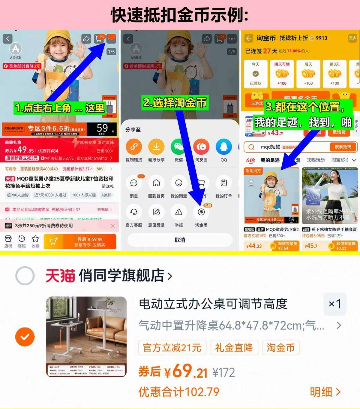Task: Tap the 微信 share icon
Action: pyautogui.click(x=179, y=147)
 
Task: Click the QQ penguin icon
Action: pyautogui.click(x=223, y=147)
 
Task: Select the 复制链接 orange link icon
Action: pyautogui.click(x=134, y=147)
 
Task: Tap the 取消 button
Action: pyautogui.click(x=180, y=240)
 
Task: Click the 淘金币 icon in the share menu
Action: pyautogui.click(x=201, y=212)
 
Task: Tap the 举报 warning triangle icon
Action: pyautogui.click(x=179, y=212)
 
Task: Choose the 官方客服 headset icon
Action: pyautogui.click(x=134, y=212)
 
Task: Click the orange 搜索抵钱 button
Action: pyautogui.click(x=343, y=147)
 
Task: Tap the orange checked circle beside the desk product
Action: pyautogui.click(x=25, y=337)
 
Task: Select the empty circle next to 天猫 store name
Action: pyautogui.click(x=25, y=276)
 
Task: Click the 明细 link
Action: pyautogui.click(x=325, y=392)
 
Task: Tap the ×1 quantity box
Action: pyautogui.click(x=335, y=304)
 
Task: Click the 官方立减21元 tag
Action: pyautogui.click(x=172, y=348)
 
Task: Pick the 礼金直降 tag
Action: pyautogui.click(x=234, y=348)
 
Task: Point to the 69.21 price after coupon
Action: pyautogui.click(x=186, y=371)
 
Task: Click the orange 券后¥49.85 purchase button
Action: pyautogui.click(x=80, y=242)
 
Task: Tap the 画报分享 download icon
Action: pyautogui.click(x=156, y=147)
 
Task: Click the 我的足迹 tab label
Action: pyautogui.click(x=270, y=160)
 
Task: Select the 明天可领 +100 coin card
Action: pyautogui.click(x=282, y=74)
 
